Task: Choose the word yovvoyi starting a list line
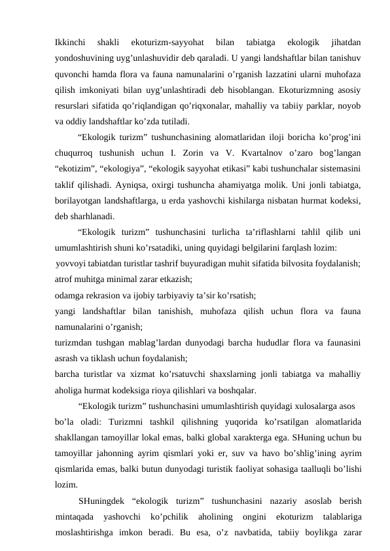click(71, 262)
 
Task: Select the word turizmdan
click(75, 341)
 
